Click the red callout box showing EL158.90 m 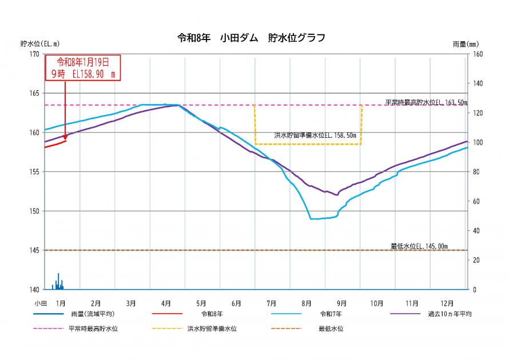pyautogui.click(x=82, y=68)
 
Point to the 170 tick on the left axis pyautogui.click(x=35, y=54)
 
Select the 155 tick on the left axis pyautogui.click(x=35, y=172)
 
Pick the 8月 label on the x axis pyautogui.click(x=306, y=302)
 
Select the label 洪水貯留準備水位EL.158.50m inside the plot pyautogui.click(x=315, y=136)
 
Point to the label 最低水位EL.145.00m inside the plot pyautogui.click(x=419, y=246)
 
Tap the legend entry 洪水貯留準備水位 pyautogui.click(x=212, y=329)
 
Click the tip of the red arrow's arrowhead pyautogui.click(x=65, y=139)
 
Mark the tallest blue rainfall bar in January pyautogui.click(x=58, y=280)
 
